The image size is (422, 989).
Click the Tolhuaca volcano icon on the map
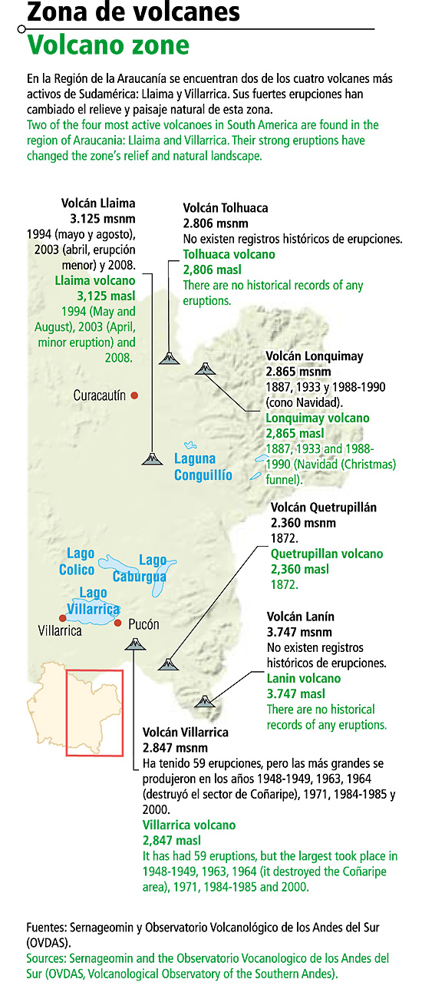pos(167,357)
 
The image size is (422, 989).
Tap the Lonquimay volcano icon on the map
pos(205,369)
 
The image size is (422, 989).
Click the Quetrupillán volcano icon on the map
pos(167,663)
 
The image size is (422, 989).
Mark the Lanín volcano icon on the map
pos(204,700)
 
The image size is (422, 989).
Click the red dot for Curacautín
pos(134,395)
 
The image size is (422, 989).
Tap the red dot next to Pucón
pos(117,623)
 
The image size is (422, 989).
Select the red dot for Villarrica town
pos(62,617)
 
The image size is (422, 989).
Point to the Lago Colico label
pos(77,561)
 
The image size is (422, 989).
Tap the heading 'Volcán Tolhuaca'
pos(226,208)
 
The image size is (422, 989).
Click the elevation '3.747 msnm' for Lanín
pos(299,633)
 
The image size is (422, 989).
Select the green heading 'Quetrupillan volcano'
pos(327,554)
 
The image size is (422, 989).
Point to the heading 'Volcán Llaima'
pos(98,203)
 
